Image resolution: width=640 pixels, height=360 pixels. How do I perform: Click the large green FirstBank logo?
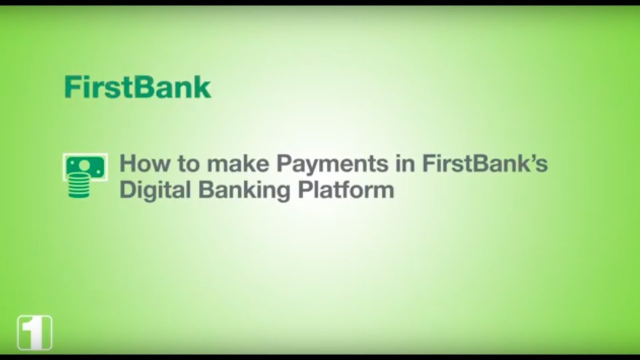coord(137,87)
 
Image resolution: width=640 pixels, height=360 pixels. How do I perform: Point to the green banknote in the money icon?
coord(85,166)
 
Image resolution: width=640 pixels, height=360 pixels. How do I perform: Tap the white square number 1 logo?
coord(34,332)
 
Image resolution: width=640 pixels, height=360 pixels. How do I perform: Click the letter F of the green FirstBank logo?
coord(71,87)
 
